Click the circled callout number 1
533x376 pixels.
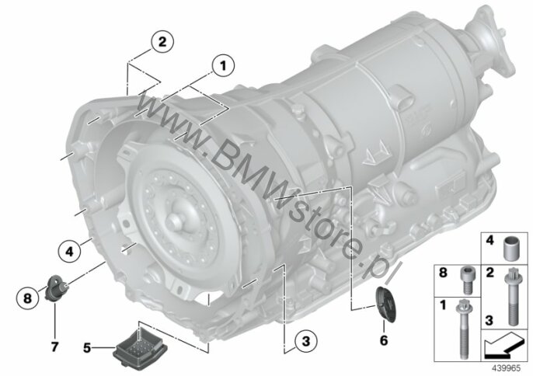223,66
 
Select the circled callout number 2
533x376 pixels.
162,42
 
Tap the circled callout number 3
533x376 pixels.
306,340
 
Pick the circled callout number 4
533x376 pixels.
69,252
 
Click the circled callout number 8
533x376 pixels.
27,298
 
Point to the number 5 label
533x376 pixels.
87,348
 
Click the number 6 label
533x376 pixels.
384,340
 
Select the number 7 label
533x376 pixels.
54,346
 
